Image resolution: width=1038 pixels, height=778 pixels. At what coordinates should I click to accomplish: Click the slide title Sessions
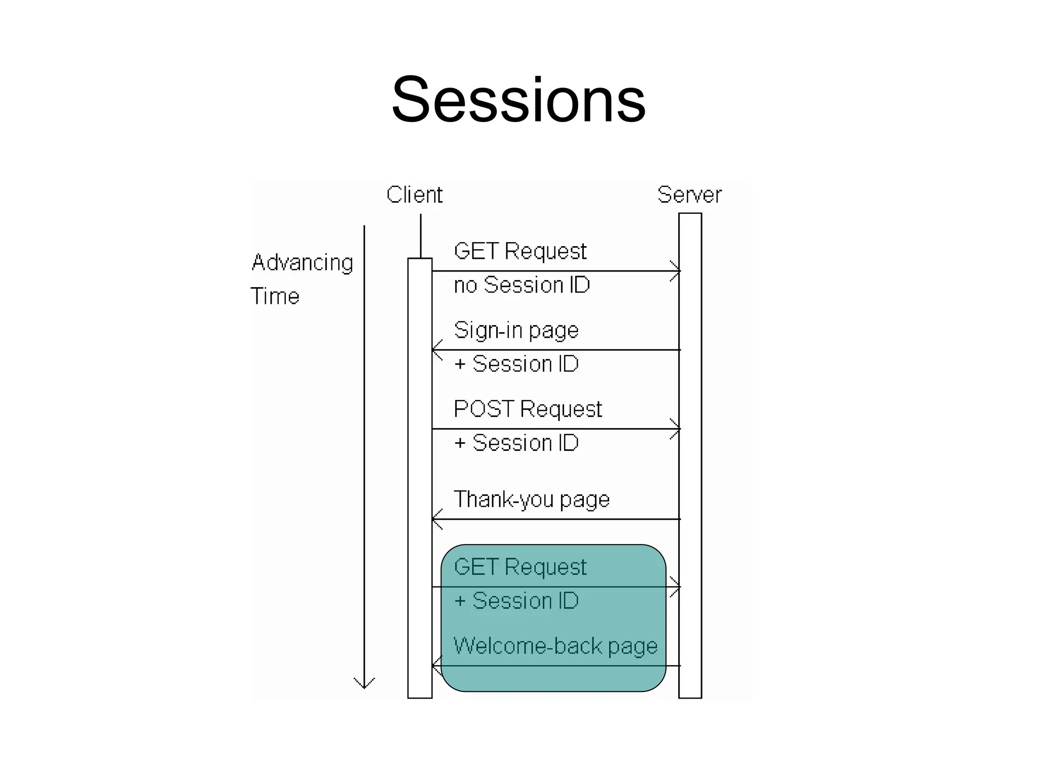(x=518, y=99)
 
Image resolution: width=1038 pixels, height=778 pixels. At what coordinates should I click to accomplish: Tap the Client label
(x=414, y=195)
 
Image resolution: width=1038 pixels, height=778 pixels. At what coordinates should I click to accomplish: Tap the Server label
(x=689, y=195)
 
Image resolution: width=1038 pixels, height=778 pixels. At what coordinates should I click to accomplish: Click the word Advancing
(x=303, y=263)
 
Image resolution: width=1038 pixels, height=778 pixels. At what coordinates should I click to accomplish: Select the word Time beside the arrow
(x=275, y=296)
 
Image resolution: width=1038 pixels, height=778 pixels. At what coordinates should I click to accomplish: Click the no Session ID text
(x=522, y=285)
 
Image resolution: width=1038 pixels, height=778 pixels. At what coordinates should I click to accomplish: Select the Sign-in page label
(x=516, y=331)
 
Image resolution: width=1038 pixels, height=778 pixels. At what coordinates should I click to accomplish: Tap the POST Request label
(x=527, y=409)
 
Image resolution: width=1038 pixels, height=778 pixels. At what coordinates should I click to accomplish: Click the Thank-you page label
(x=531, y=499)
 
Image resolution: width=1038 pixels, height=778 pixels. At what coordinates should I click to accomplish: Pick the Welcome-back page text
(x=555, y=646)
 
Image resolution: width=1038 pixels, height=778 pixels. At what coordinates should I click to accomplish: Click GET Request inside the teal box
(x=520, y=567)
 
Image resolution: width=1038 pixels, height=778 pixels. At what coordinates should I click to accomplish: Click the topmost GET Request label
(x=520, y=252)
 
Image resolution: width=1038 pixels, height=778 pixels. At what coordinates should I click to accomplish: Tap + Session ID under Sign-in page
(x=516, y=364)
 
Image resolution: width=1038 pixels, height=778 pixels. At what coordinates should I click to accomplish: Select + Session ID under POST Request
(x=516, y=443)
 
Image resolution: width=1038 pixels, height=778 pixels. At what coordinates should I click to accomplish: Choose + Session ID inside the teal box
(x=516, y=601)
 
